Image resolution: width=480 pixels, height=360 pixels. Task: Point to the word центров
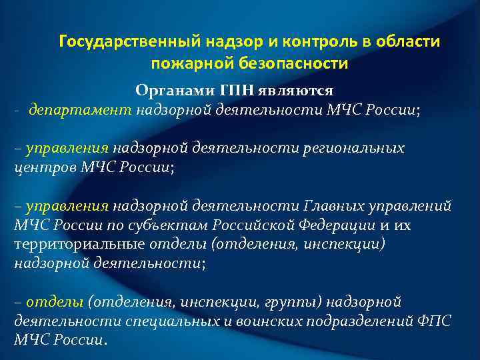[x=41, y=167]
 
